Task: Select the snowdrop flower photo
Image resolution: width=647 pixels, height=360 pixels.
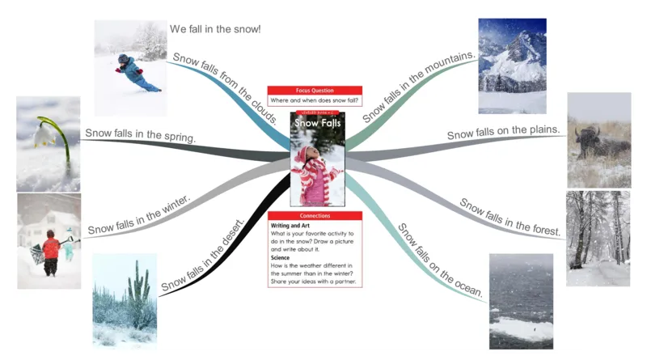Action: (x=49, y=143)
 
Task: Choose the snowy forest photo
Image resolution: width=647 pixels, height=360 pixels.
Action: (x=598, y=238)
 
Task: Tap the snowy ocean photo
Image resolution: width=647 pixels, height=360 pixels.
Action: (x=521, y=301)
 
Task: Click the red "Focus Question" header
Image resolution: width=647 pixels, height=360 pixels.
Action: (x=315, y=90)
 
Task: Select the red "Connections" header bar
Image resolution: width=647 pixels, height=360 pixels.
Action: (x=315, y=216)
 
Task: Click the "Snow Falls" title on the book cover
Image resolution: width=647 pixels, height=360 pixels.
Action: (x=317, y=123)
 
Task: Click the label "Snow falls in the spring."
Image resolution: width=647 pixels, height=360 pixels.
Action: (x=140, y=136)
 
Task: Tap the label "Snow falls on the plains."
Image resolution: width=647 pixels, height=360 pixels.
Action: (x=503, y=131)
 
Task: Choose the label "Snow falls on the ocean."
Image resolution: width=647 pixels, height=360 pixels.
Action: (x=441, y=259)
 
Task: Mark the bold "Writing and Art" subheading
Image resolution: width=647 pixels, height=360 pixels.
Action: (x=290, y=226)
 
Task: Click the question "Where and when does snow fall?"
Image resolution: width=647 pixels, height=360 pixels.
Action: (x=315, y=100)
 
